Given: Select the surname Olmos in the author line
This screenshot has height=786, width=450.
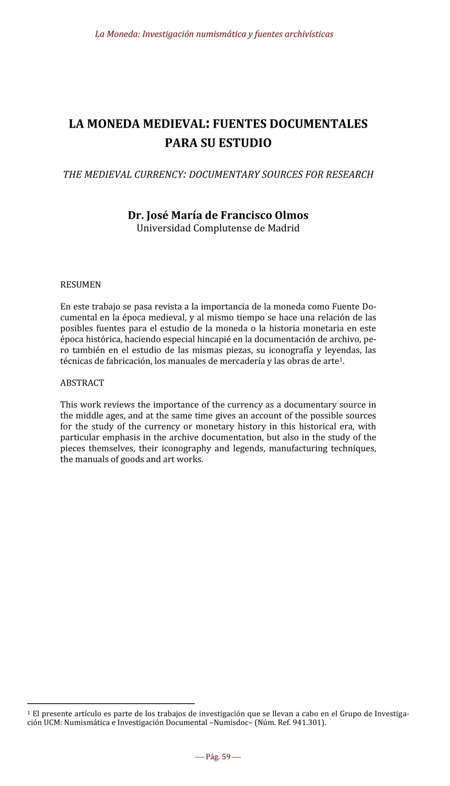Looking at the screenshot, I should (x=292, y=215).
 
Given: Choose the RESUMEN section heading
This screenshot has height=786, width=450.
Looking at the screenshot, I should (x=80, y=285).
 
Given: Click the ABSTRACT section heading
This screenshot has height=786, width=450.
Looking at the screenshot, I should (x=82, y=383).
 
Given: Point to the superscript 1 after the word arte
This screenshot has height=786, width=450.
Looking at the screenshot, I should (x=340, y=359).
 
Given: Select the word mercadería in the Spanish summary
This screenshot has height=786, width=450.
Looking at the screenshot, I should (x=242, y=361).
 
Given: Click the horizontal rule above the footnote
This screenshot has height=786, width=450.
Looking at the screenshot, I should (x=111, y=703).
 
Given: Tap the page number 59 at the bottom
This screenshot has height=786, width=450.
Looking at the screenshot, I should (x=226, y=757).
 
